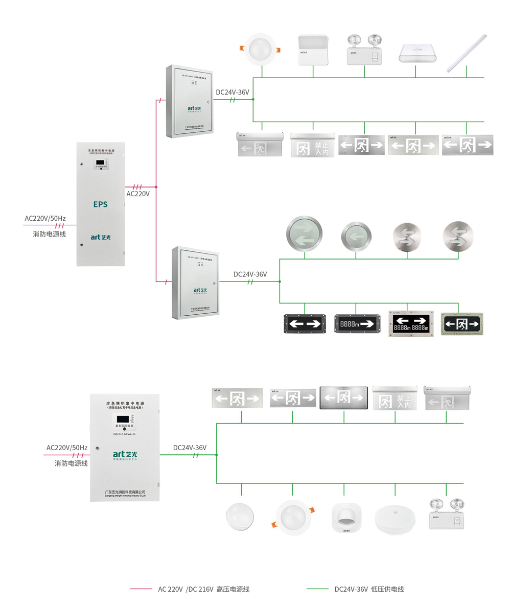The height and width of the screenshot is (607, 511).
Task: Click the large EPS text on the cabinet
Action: click(x=100, y=204)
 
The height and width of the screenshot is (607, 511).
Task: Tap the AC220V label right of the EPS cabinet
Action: click(x=138, y=194)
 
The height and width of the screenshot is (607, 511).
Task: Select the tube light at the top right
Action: click(x=467, y=53)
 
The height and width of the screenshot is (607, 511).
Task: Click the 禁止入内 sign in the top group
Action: click(x=312, y=146)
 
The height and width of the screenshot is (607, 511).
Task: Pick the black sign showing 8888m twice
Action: click(x=411, y=323)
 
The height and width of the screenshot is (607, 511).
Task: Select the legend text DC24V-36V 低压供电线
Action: click(x=369, y=589)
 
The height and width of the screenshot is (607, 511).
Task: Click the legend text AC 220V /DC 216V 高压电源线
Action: click(x=203, y=589)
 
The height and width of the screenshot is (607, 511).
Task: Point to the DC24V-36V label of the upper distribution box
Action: click(x=233, y=92)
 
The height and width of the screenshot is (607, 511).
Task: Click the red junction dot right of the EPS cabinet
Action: click(x=156, y=187)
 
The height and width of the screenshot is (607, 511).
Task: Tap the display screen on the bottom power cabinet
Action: click(x=123, y=418)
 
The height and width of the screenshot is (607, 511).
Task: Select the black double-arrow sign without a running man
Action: click(x=305, y=324)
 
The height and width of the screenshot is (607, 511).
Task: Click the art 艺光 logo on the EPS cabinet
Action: click(x=100, y=237)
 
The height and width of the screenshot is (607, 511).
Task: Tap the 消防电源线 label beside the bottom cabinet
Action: click(x=71, y=463)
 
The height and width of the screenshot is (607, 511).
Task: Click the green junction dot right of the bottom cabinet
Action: click(x=217, y=455)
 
